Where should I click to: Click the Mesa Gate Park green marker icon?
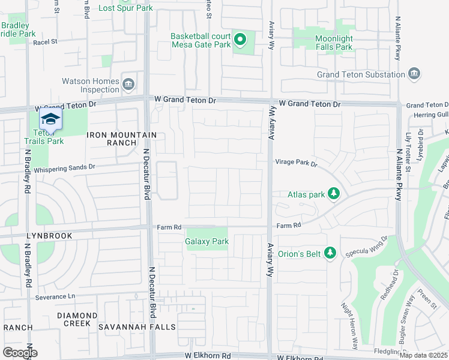click(240, 40)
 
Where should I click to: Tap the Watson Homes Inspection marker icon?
click(128, 85)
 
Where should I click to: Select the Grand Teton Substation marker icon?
click(414, 74)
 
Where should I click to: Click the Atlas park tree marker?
click(335, 194)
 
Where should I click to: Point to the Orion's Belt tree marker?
click(329, 253)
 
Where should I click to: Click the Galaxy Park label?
click(206, 242)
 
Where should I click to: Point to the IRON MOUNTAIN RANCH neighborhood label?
click(122, 139)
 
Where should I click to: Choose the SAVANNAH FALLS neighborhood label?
click(142, 327)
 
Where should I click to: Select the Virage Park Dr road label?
click(296, 163)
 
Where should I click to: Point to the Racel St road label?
click(45, 42)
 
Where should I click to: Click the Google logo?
click(19, 353)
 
